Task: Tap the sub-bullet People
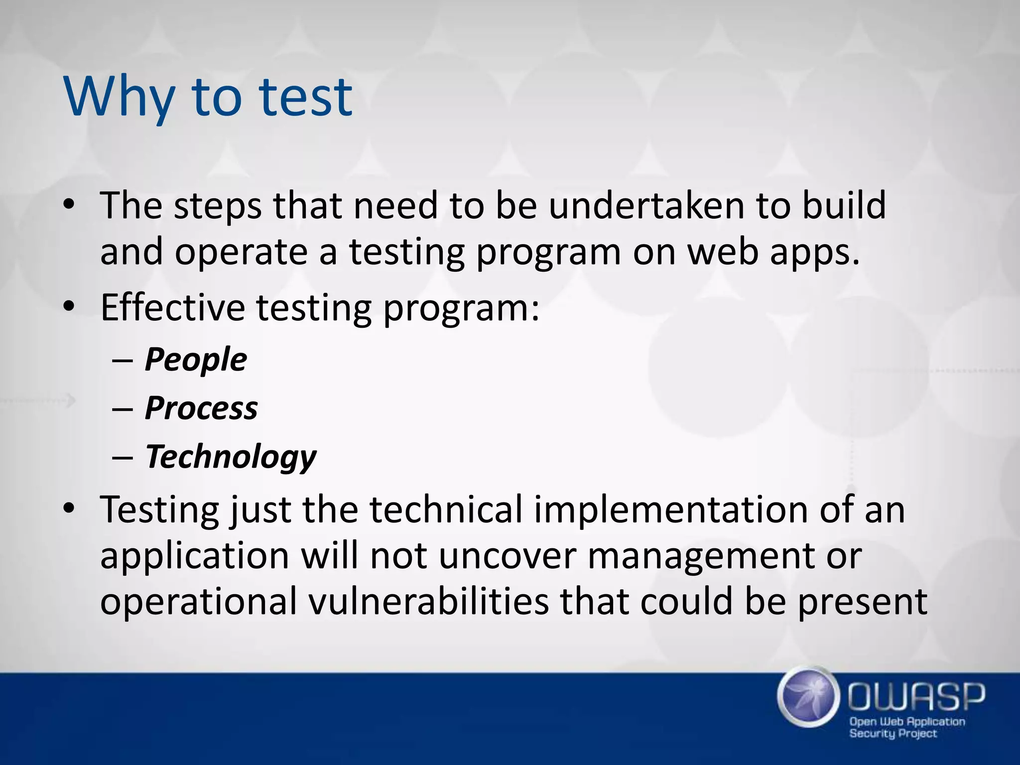[196, 360]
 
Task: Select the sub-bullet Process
[201, 408]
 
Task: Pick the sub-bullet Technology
[231, 457]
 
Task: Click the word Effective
[172, 307]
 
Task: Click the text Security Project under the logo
[893, 733]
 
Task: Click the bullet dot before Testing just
[69, 509]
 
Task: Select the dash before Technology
[123, 457]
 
